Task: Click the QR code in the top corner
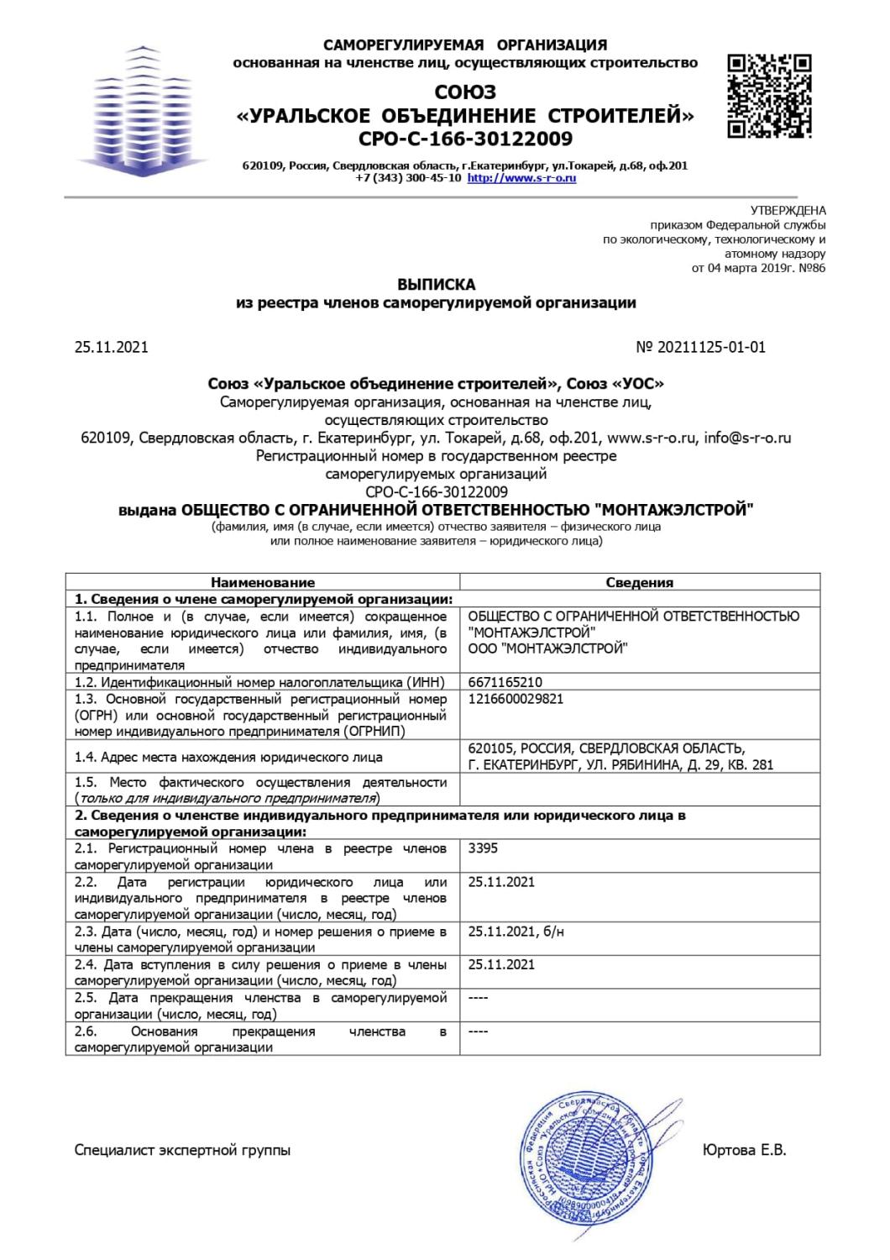click(x=769, y=96)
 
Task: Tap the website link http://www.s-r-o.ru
click(x=521, y=178)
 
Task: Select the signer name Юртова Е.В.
click(x=744, y=1150)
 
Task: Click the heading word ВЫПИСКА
click(x=436, y=284)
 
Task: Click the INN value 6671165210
click(x=505, y=682)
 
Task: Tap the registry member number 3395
click(x=483, y=848)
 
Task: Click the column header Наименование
click(x=263, y=582)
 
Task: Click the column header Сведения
click(x=640, y=582)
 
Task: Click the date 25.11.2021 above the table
click(x=112, y=347)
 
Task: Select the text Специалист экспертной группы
click(x=183, y=1150)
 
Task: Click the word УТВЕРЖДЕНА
click(x=788, y=211)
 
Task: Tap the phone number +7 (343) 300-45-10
click(x=408, y=178)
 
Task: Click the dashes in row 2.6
click(x=478, y=1031)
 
